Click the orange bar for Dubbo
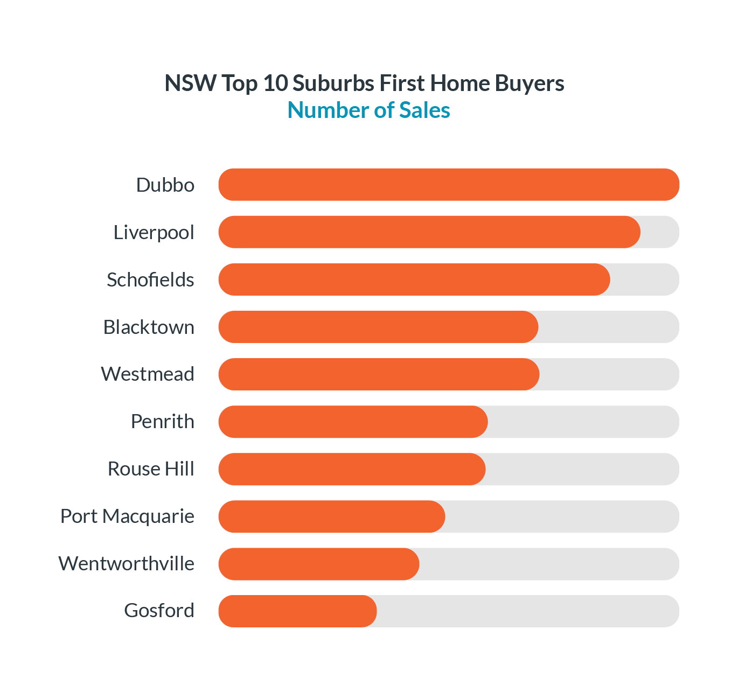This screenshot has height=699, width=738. [449, 185]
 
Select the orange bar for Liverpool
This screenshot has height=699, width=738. [429, 232]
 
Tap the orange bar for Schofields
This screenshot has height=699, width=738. [414, 279]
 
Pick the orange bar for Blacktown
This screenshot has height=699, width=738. [378, 327]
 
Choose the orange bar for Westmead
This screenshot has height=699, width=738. [379, 374]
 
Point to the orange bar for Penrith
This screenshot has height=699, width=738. [353, 422]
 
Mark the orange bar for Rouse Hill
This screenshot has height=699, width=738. [352, 469]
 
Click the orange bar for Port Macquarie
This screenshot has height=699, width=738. [332, 516]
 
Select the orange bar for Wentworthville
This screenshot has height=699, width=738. [319, 564]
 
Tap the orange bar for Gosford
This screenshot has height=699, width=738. [297, 611]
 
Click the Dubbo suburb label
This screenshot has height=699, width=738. [165, 185]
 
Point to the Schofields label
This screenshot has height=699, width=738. [150, 279]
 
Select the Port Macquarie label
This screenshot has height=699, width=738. [127, 516]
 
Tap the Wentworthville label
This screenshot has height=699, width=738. [126, 563]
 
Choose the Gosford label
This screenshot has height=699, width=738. [159, 611]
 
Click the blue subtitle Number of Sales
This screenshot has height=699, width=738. [369, 110]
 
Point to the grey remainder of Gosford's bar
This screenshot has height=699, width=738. [528, 611]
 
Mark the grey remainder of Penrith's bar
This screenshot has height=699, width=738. [583, 422]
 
